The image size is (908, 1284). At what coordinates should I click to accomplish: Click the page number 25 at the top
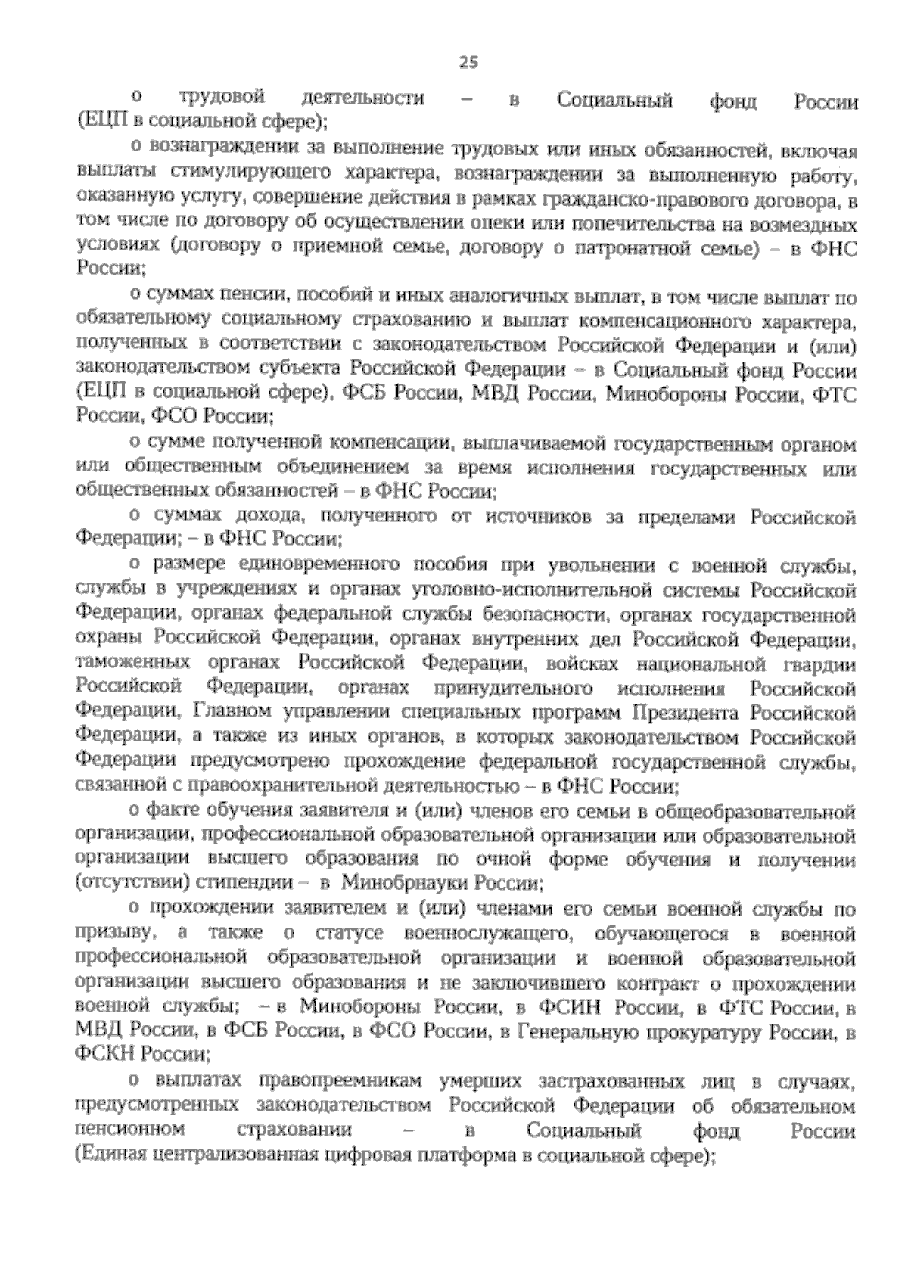468,63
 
